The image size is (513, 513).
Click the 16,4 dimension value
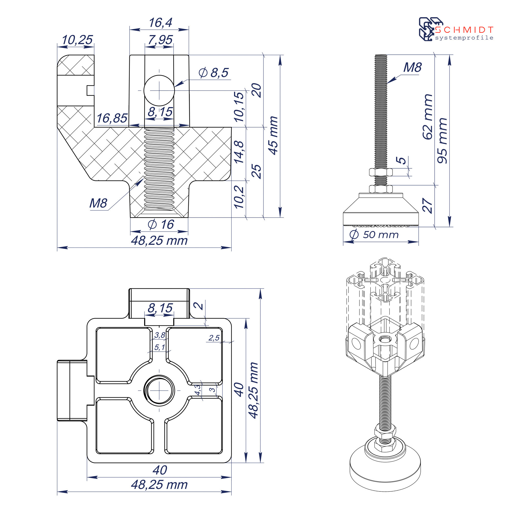[x=160, y=23]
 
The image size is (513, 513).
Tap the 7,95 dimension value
[x=160, y=40]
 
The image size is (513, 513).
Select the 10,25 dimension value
[x=77, y=40]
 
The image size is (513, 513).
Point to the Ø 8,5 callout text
[x=213, y=73]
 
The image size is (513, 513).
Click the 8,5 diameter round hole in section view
[x=159, y=91]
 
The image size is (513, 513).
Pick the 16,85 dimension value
[x=112, y=118]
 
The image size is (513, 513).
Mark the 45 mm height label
[x=273, y=135]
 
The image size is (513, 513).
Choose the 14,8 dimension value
[x=239, y=152]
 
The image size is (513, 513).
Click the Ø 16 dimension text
[x=161, y=225]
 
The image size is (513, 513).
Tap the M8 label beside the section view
[x=98, y=203]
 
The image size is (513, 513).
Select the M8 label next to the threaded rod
[x=412, y=67]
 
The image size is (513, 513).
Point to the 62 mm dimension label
[x=427, y=117]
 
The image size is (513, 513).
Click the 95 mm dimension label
[x=442, y=141]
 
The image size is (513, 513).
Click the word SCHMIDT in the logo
[x=464, y=29]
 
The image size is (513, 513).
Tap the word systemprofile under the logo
[x=464, y=38]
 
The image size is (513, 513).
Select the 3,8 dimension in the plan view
[x=160, y=335]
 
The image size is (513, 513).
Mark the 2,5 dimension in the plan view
[x=214, y=338]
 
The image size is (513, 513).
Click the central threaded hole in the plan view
[x=159, y=390]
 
